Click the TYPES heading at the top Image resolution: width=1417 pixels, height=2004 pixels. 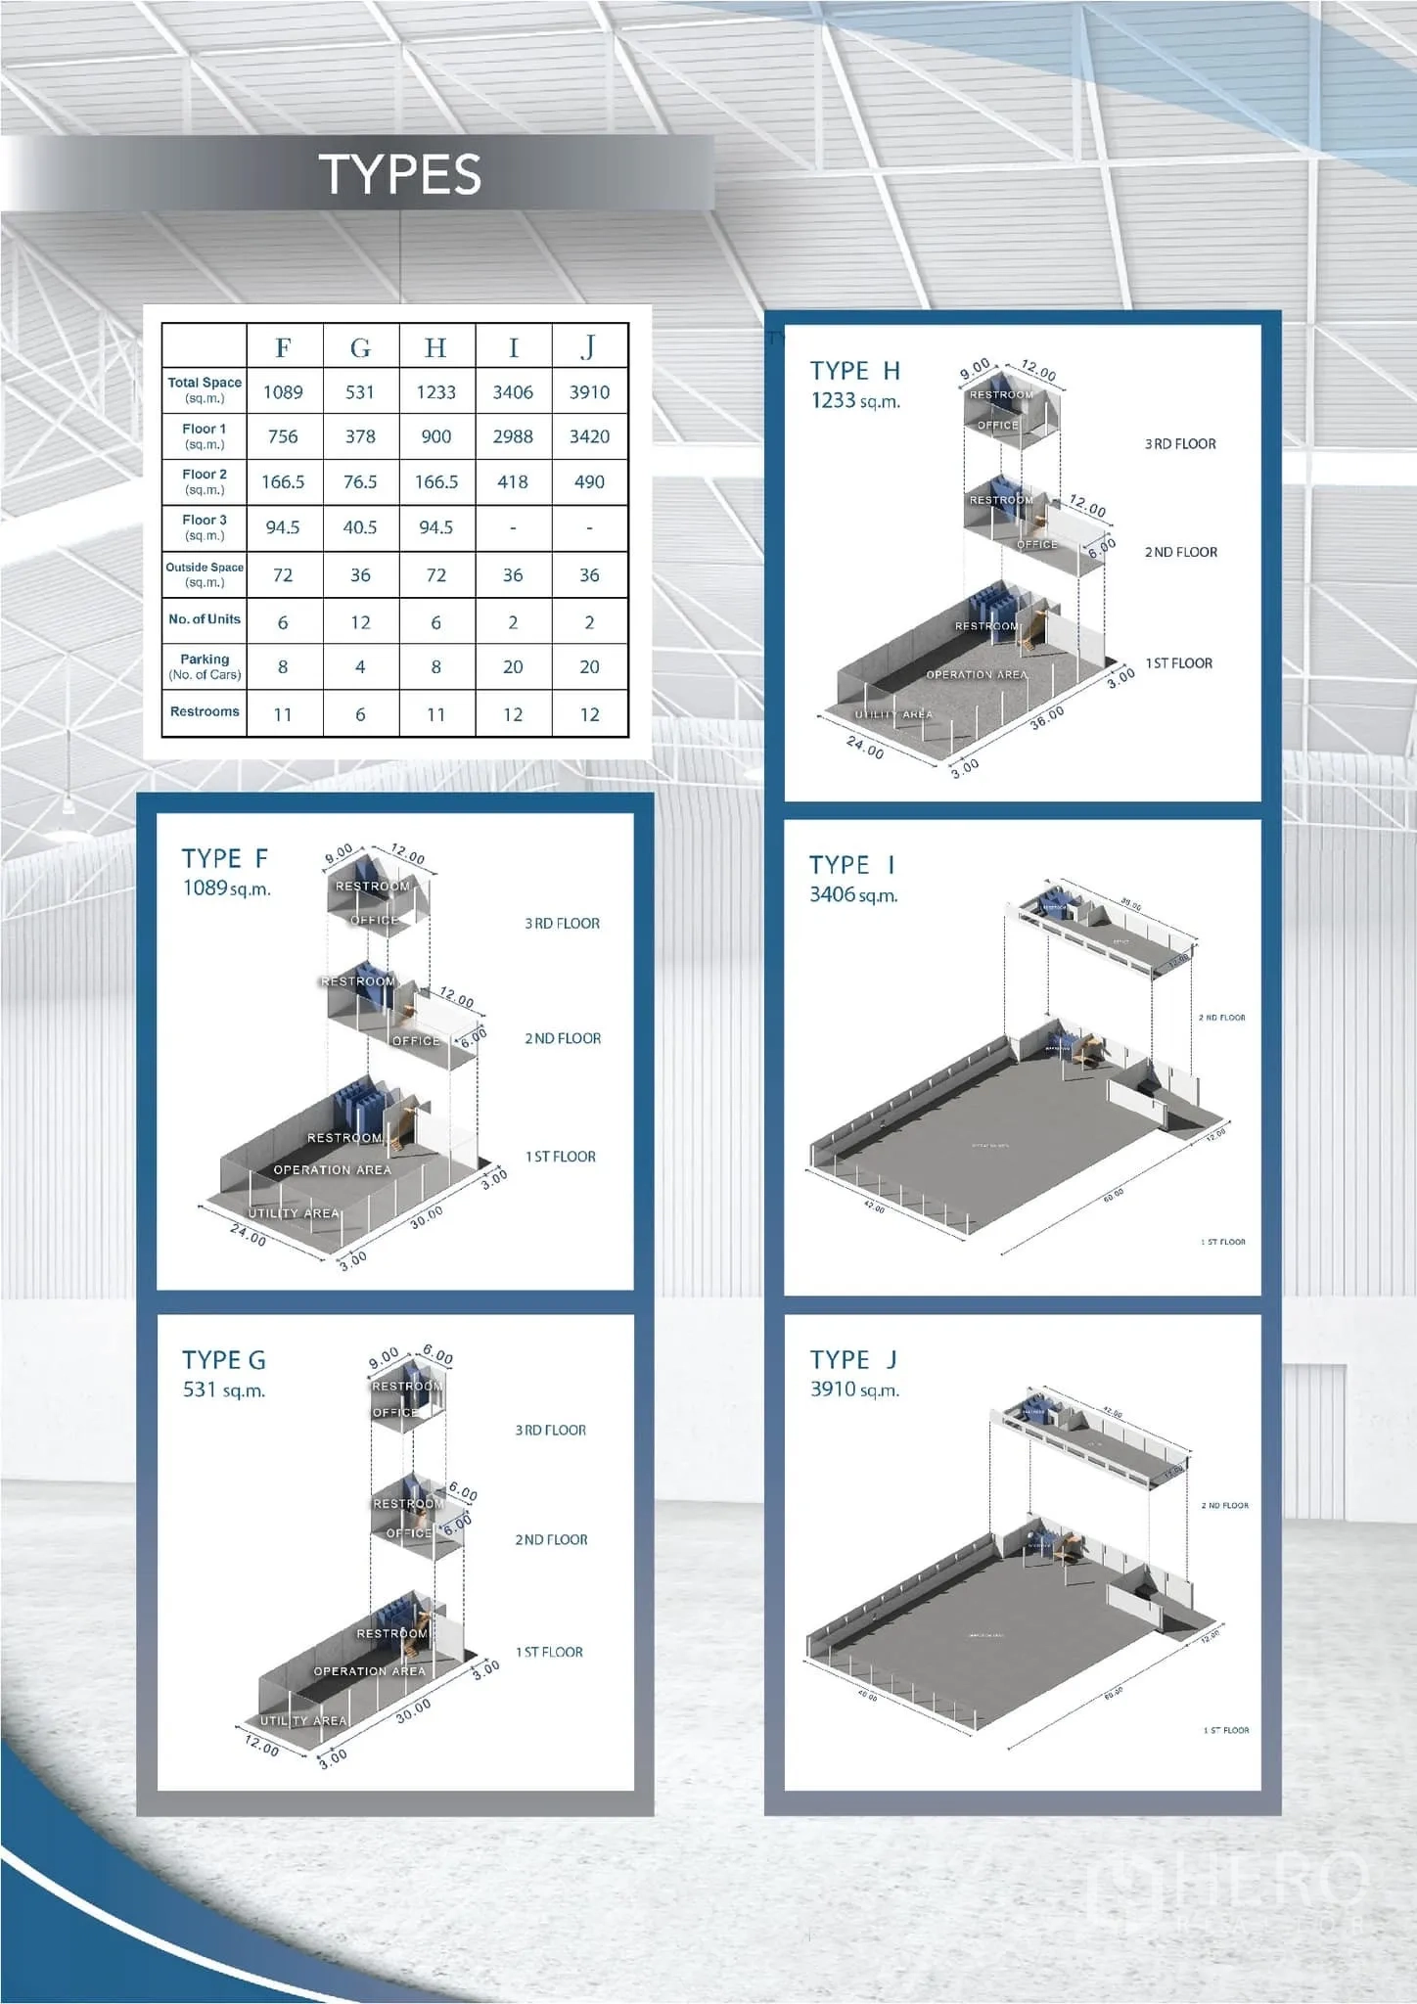click(x=399, y=174)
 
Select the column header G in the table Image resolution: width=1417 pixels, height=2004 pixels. click(x=360, y=347)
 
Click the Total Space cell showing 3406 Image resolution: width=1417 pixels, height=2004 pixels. click(x=513, y=391)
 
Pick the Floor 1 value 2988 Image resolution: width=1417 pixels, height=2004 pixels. click(x=513, y=436)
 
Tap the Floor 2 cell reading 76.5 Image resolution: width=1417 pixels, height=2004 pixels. click(x=360, y=481)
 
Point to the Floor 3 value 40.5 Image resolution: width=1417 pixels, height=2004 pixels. click(x=360, y=527)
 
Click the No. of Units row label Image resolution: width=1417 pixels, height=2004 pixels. click(x=204, y=619)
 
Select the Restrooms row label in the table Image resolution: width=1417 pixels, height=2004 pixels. click(x=204, y=711)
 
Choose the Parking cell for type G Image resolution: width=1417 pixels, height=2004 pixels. click(x=360, y=666)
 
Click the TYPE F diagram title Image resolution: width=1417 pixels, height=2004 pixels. click(x=224, y=858)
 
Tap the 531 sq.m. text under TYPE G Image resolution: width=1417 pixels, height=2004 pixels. click(x=224, y=1389)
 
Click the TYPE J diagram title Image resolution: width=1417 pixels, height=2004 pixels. click(x=853, y=1359)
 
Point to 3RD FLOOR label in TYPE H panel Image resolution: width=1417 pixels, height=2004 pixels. click(x=1180, y=444)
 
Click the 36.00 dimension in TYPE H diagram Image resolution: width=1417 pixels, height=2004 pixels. click(x=1047, y=716)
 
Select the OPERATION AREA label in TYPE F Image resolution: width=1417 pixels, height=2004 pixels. click(x=332, y=1169)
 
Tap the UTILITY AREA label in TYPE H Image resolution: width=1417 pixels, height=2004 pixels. click(x=893, y=714)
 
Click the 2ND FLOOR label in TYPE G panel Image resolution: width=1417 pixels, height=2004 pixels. click(x=551, y=1540)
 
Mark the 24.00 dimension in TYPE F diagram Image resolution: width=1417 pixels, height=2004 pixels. click(x=248, y=1236)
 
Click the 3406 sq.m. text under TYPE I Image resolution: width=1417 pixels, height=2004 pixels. click(x=853, y=894)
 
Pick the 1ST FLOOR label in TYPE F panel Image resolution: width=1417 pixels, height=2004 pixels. click(x=560, y=1157)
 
